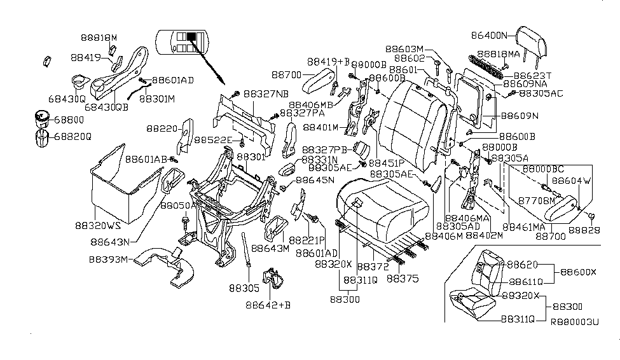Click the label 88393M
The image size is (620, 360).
pos(109,260)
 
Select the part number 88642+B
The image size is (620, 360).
pos(268,305)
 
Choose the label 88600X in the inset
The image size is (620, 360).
pos(579,272)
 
